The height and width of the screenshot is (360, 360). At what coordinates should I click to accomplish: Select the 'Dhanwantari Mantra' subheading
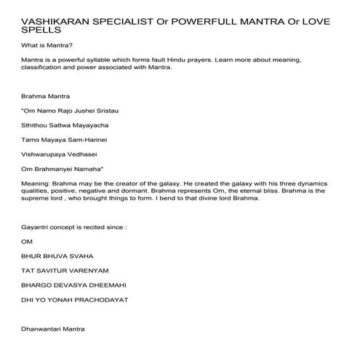(55, 329)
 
